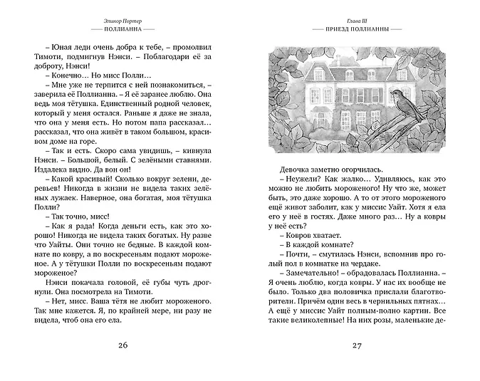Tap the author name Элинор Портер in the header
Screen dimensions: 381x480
tap(122, 23)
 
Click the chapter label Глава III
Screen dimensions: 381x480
tap(358, 23)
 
